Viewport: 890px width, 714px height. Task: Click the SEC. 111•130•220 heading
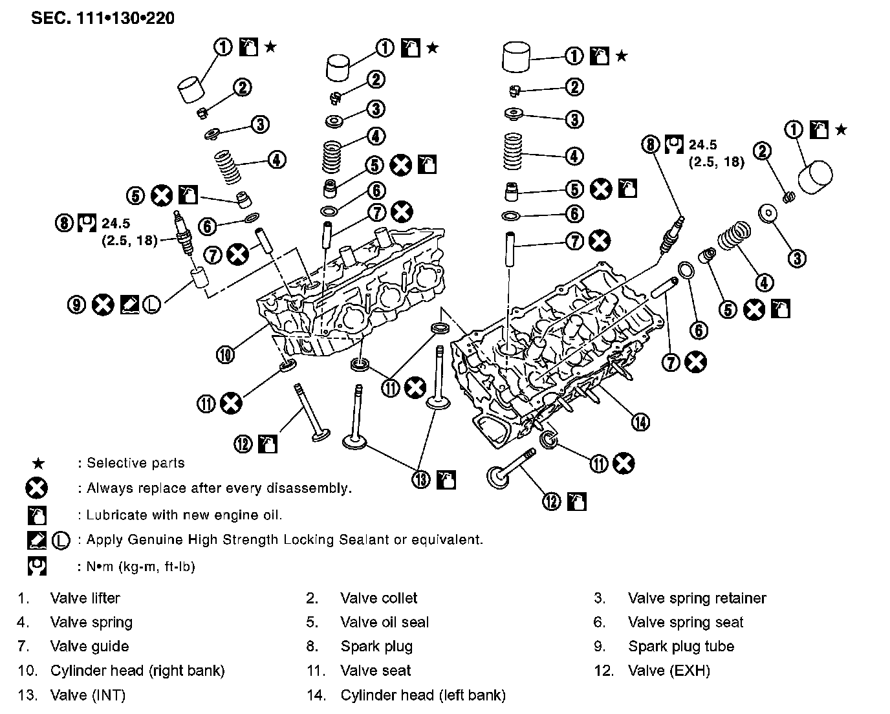pyautogui.click(x=102, y=17)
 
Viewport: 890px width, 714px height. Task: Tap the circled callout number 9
pyautogui.click(x=77, y=305)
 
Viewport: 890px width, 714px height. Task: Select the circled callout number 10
pyautogui.click(x=225, y=354)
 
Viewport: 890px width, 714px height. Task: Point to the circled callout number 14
pyautogui.click(x=640, y=422)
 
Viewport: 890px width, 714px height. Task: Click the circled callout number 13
pyautogui.click(x=421, y=479)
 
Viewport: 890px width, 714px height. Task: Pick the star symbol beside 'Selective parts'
pyautogui.click(x=39, y=463)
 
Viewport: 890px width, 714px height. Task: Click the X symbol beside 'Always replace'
pyautogui.click(x=36, y=488)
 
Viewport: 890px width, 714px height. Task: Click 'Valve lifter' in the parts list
pyautogui.click(x=85, y=598)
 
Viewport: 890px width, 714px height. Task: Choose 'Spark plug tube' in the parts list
pyautogui.click(x=680, y=646)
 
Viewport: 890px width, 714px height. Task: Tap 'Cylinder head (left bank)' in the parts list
pyautogui.click(x=422, y=695)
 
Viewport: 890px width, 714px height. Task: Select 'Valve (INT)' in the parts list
pyautogui.click(x=87, y=695)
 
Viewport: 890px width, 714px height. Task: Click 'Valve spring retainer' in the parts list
pyautogui.click(x=697, y=598)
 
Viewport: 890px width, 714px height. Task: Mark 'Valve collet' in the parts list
pyautogui.click(x=378, y=598)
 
